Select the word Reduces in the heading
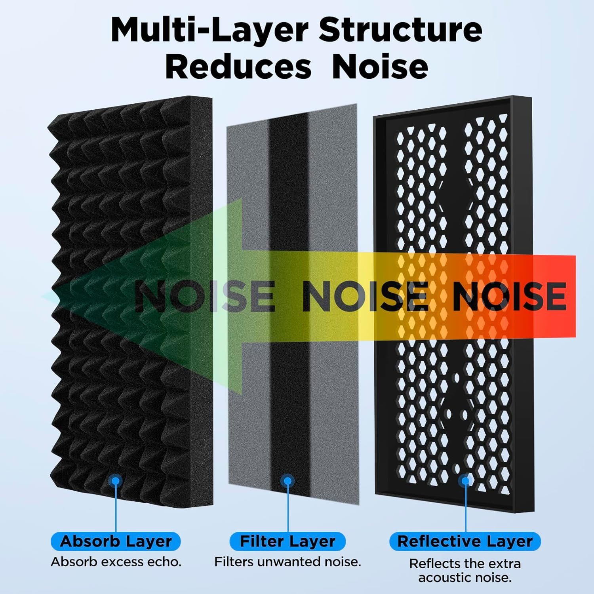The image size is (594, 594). tap(238, 67)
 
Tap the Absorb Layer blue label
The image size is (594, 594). tap(116, 541)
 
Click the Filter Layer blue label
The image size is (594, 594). tap(287, 541)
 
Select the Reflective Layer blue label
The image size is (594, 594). tap(465, 541)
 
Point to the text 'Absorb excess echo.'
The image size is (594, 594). tap(116, 562)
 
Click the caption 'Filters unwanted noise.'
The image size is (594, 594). tap(288, 562)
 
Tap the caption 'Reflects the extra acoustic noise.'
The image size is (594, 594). tap(465, 570)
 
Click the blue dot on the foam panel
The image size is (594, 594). tap(116, 480)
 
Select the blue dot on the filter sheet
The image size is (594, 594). tap(287, 481)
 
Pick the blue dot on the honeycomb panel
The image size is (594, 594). tap(466, 481)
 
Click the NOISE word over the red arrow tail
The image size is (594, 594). tap(510, 295)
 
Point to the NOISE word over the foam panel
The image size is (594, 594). tap(204, 295)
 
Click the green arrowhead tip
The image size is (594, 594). tap(43, 296)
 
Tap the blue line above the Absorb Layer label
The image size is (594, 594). tap(116, 508)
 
